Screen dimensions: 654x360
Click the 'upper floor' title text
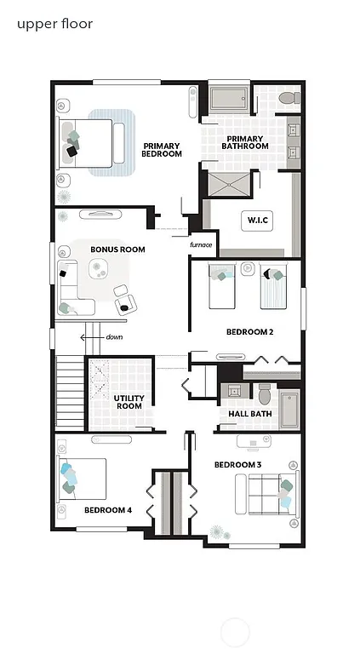click(54, 24)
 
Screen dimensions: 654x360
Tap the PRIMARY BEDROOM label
click(162, 150)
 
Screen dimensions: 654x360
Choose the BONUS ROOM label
click(117, 250)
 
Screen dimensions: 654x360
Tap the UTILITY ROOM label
click(129, 402)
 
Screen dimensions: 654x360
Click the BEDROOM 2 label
click(249, 332)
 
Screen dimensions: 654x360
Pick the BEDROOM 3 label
click(237, 464)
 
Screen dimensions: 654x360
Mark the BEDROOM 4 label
click(107, 510)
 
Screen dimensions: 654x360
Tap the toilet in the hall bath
click(264, 395)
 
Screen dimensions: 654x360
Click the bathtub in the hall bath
click(289, 410)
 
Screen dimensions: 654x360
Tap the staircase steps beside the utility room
click(68, 393)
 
